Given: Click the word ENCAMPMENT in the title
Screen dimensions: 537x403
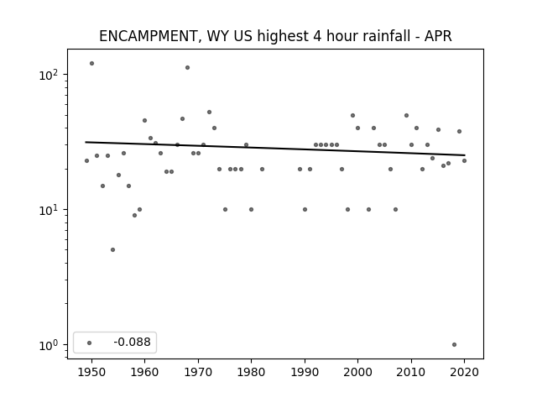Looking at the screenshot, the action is pyautogui.click(x=149, y=36).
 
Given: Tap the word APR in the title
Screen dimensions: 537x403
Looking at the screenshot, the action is pyautogui.click(x=438, y=36).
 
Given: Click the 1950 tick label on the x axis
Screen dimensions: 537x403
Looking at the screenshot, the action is pyautogui.click(x=91, y=372).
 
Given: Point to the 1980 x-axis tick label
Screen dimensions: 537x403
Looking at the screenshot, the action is pyautogui.click(x=251, y=372).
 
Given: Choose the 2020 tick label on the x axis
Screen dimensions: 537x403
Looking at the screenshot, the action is pyautogui.click(x=464, y=372).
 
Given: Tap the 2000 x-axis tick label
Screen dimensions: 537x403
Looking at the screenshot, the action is pyautogui.click(x=357, y=372).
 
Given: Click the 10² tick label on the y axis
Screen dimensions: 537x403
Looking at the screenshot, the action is pyautogui.click(x=49, y=75).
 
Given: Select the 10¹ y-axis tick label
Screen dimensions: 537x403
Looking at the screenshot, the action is pyautogui.click(x=49, y=210).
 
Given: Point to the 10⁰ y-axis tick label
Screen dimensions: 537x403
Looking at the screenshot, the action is pyautogui.click(x=49, y=345).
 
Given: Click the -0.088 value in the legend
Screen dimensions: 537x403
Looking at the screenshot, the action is pyautogui.click(x=133, y=342).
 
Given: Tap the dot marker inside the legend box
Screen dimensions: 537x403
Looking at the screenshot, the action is pyautogui.click(x=90, y=343).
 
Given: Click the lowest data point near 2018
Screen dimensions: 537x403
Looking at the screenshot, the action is pyautogui.click(x=454, y=345).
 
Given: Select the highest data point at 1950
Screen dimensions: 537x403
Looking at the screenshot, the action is pyautogui.click(x=91, y=64).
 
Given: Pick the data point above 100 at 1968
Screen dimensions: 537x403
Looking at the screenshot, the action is pyautogui.click(x=187, y=67).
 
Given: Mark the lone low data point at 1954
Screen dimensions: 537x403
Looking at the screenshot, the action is pyautogui.click(x=112, y=250).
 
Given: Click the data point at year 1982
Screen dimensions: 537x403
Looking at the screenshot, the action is pyautogui.click(x=262, y=169).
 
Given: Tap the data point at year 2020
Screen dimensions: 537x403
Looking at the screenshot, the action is pyautogui.click(x=464, y=160).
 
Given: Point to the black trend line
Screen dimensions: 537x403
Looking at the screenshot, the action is pyautogui.click(x=275, y=149).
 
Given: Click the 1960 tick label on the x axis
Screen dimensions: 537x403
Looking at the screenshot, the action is pyautogui.click(x=144, y=372).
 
